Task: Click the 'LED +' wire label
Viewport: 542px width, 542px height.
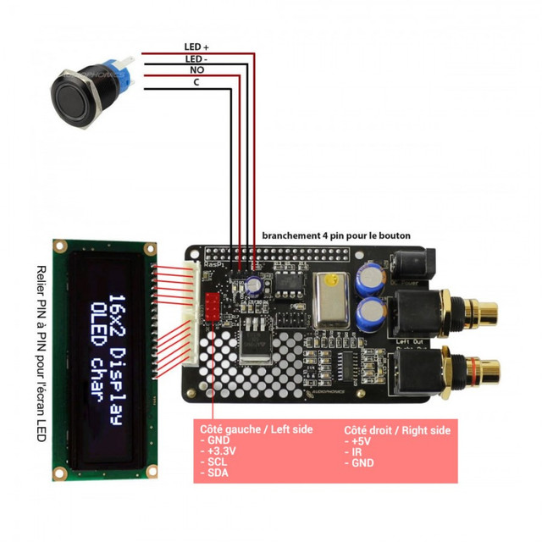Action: point(197,47)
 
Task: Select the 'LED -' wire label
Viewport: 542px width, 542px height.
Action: point(197,58)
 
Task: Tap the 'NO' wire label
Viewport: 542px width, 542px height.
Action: point(196,70)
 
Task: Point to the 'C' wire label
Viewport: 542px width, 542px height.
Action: point(196,82)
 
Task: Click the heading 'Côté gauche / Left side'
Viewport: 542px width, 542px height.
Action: point(256,429)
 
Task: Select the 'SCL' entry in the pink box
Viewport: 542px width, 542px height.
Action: point(216,462)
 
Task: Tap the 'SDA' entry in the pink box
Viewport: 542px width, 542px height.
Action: point(216,473)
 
